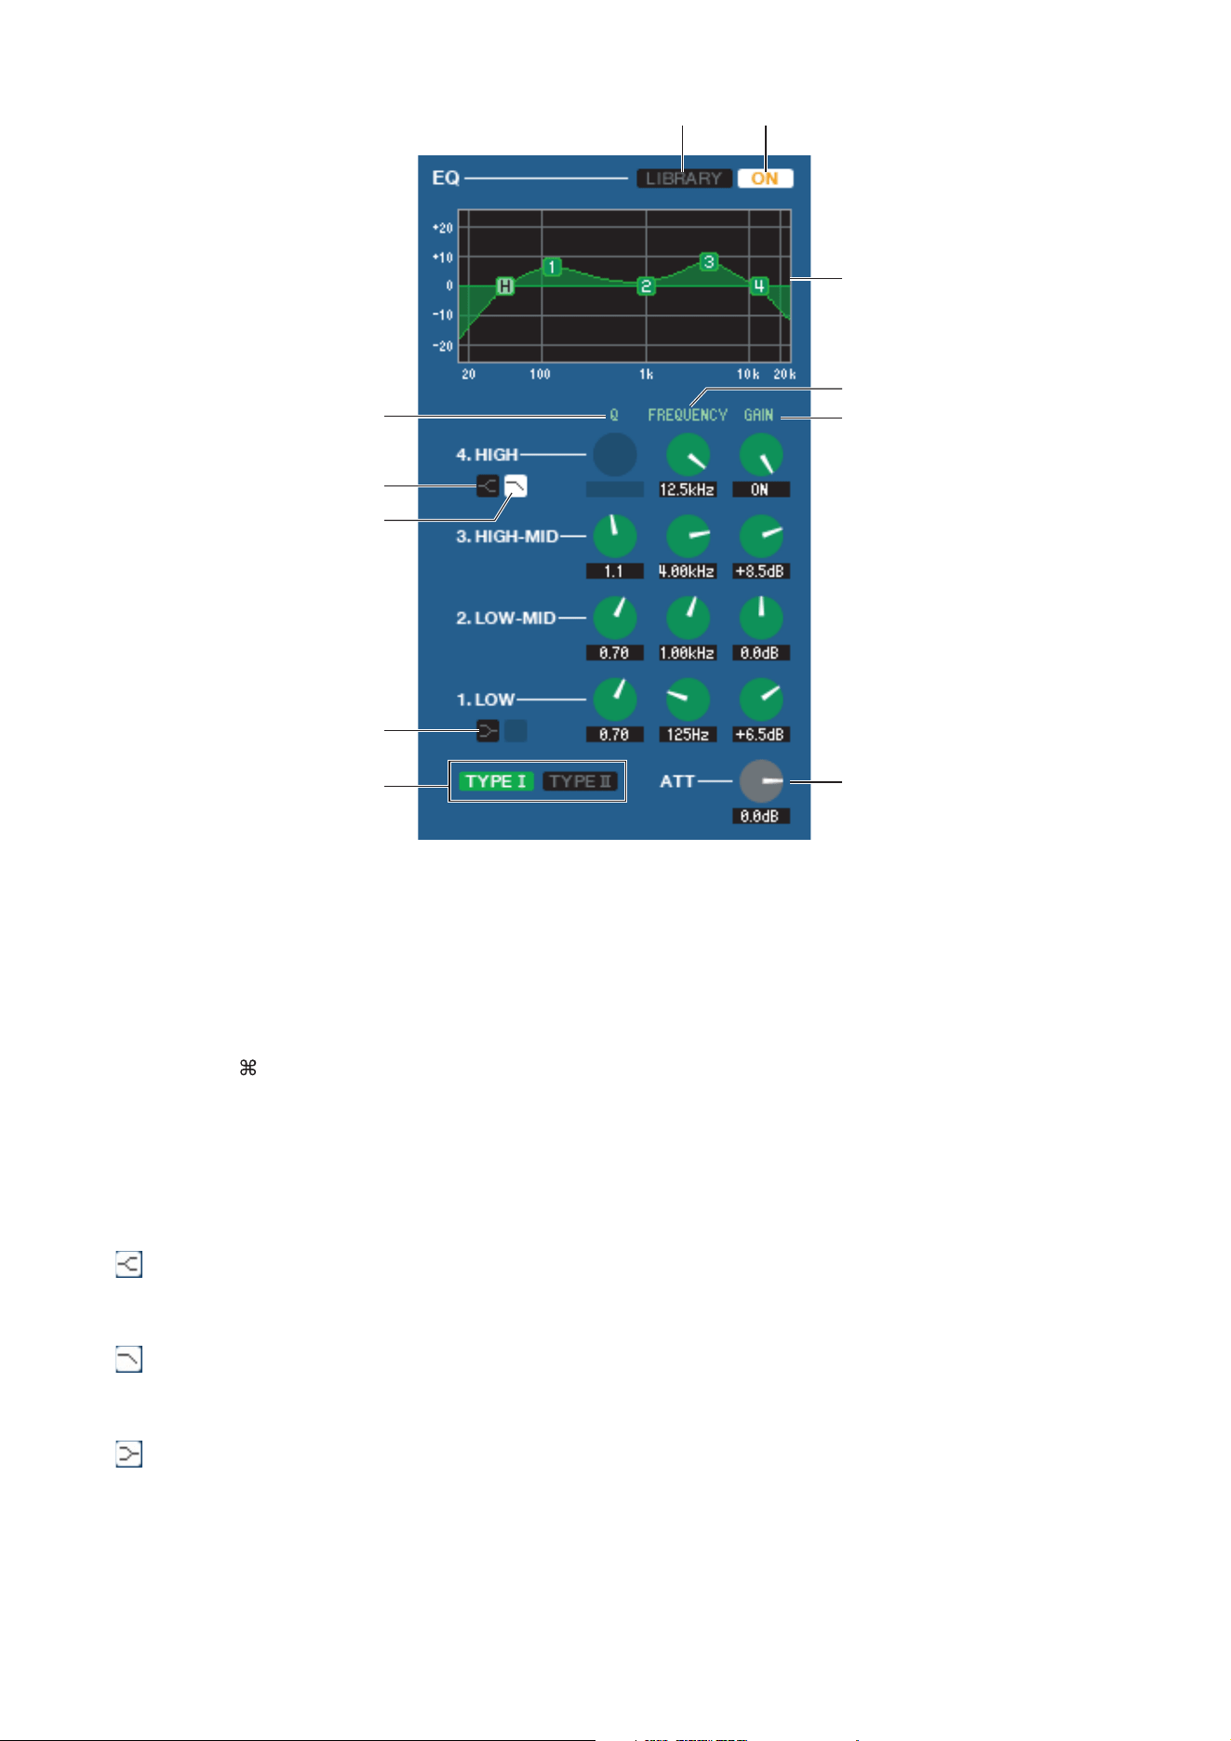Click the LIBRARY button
[684, 179]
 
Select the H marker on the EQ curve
[504, 286]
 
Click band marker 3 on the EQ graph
[709, 261]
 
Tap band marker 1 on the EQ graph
[552, 267]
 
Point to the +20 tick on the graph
[443, 228]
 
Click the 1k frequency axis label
[646, 375]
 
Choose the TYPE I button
[497, 781]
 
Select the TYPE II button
[580, 781]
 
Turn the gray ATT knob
[762, 782]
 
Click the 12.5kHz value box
[688, 489]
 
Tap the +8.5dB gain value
[760, 571]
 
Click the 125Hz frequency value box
[688, 735]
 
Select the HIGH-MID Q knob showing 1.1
[614, 536]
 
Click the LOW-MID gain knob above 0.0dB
[761, 618]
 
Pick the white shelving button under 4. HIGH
[515, 485]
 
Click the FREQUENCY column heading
[688, 415]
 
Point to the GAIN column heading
[759, 415]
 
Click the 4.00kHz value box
[688, 571]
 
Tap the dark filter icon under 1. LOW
[488, 731]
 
